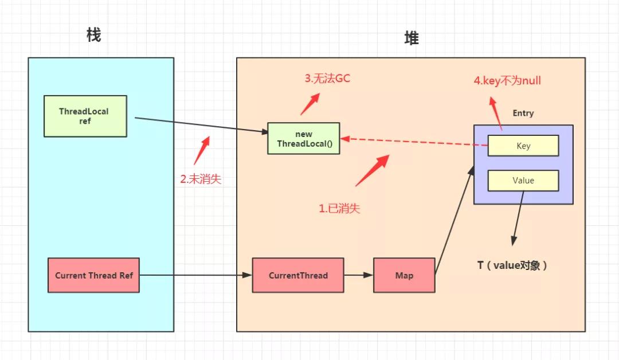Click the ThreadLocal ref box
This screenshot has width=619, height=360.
[x=85, y=116]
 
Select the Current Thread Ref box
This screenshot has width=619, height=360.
[x=93, y=275]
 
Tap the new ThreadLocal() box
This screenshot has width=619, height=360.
[x=303, y=138]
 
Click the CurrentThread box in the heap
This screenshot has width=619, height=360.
[x=298, y=275]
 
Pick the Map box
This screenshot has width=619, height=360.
[x=404, y=275]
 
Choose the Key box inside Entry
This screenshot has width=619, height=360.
[x=523, y=146]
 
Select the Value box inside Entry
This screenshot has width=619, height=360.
[x=523, y=180]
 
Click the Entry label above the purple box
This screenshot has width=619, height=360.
[x=523, y=113]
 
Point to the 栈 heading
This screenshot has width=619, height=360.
[x=93, y=35]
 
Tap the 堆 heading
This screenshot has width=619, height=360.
[x=411, y=38]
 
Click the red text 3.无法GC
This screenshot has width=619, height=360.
[x=327, y=79]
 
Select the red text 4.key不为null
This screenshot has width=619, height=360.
[x=507, y=81]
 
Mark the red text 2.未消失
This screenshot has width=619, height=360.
[x=201, y=179]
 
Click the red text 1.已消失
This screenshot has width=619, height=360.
[x=339, y=209]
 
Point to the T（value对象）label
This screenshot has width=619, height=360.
[x=512, y=265]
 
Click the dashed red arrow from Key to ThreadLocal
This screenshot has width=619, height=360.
[x=413, y=142]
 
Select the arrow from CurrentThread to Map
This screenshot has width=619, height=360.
[x=358, y=275]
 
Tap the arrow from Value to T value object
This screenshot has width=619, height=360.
[x=519, y=218]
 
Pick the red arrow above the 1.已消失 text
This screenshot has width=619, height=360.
[x=373, y=171]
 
